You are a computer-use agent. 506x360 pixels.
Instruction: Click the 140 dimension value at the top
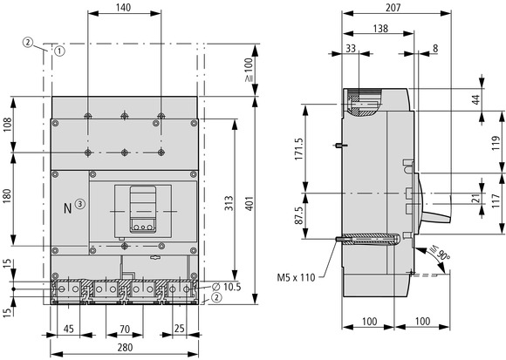[x=124, y=7]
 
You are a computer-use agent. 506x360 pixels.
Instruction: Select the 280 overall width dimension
[x=125, y=347]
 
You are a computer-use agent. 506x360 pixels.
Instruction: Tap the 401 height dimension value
[x=250, y=203]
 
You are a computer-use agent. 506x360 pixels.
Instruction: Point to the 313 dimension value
[x=229, y=203]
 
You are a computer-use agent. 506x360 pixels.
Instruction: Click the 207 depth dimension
[x=393, y=7]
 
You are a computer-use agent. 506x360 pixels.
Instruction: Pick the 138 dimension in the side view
[x=380, y=29]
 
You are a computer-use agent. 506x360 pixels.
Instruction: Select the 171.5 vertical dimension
[x=299, y=149]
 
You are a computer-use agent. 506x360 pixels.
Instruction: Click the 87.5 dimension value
[x=299, y=215]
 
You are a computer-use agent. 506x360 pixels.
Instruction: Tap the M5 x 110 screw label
[x=296, y=277]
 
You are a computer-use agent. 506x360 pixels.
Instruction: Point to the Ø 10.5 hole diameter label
[x=227, y=287]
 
